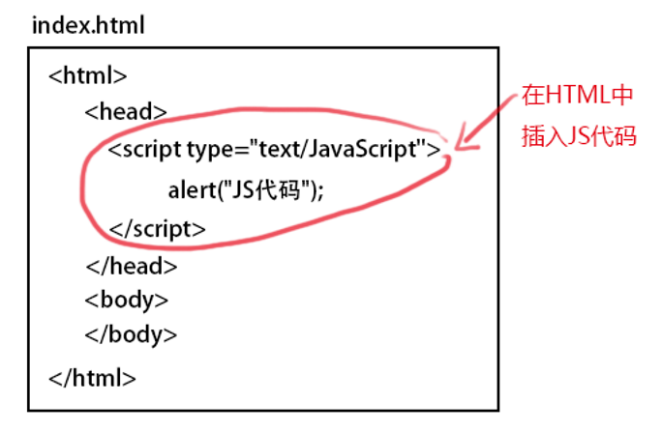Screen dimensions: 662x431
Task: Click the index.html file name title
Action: [88, 24]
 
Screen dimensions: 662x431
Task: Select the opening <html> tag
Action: [87, 75]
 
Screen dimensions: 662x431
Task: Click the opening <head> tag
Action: [126, 111]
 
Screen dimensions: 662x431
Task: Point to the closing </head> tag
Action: [131, 265]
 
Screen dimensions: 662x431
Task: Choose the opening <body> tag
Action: [127, 300]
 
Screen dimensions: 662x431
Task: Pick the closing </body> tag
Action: [132, 335]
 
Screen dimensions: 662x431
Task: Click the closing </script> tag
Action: [158, 229]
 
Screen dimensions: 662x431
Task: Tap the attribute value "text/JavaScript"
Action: [337, 151]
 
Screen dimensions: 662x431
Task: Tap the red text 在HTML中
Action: [577, 97]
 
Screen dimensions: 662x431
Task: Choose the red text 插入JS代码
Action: [578, 135]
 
